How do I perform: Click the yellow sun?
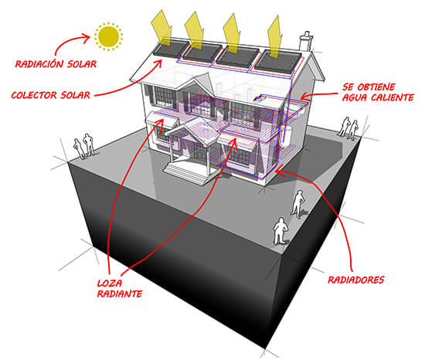(108, 36)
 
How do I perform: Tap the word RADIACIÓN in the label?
(39, 64)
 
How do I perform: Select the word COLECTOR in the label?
(34, 95)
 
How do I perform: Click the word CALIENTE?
(393, 97)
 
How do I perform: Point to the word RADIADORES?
(356, 280)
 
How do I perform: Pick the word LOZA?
(110, 284)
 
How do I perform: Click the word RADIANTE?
(120, 294)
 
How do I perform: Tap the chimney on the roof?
(306, 41)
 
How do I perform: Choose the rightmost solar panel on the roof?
(278, 63)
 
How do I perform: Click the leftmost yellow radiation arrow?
(162, 27)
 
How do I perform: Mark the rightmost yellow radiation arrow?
(274, 37)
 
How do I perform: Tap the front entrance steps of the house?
(186, 172)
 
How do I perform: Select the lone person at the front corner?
(280, 231)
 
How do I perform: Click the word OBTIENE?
(376, 87)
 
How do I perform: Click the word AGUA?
(355, 97)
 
